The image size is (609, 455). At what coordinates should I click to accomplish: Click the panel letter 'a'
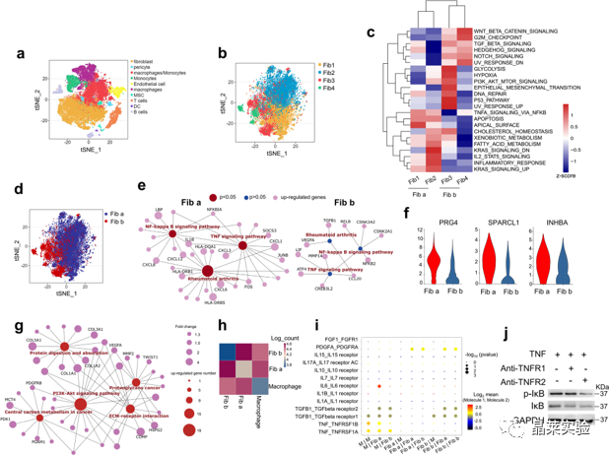click(x=7, y=52)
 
